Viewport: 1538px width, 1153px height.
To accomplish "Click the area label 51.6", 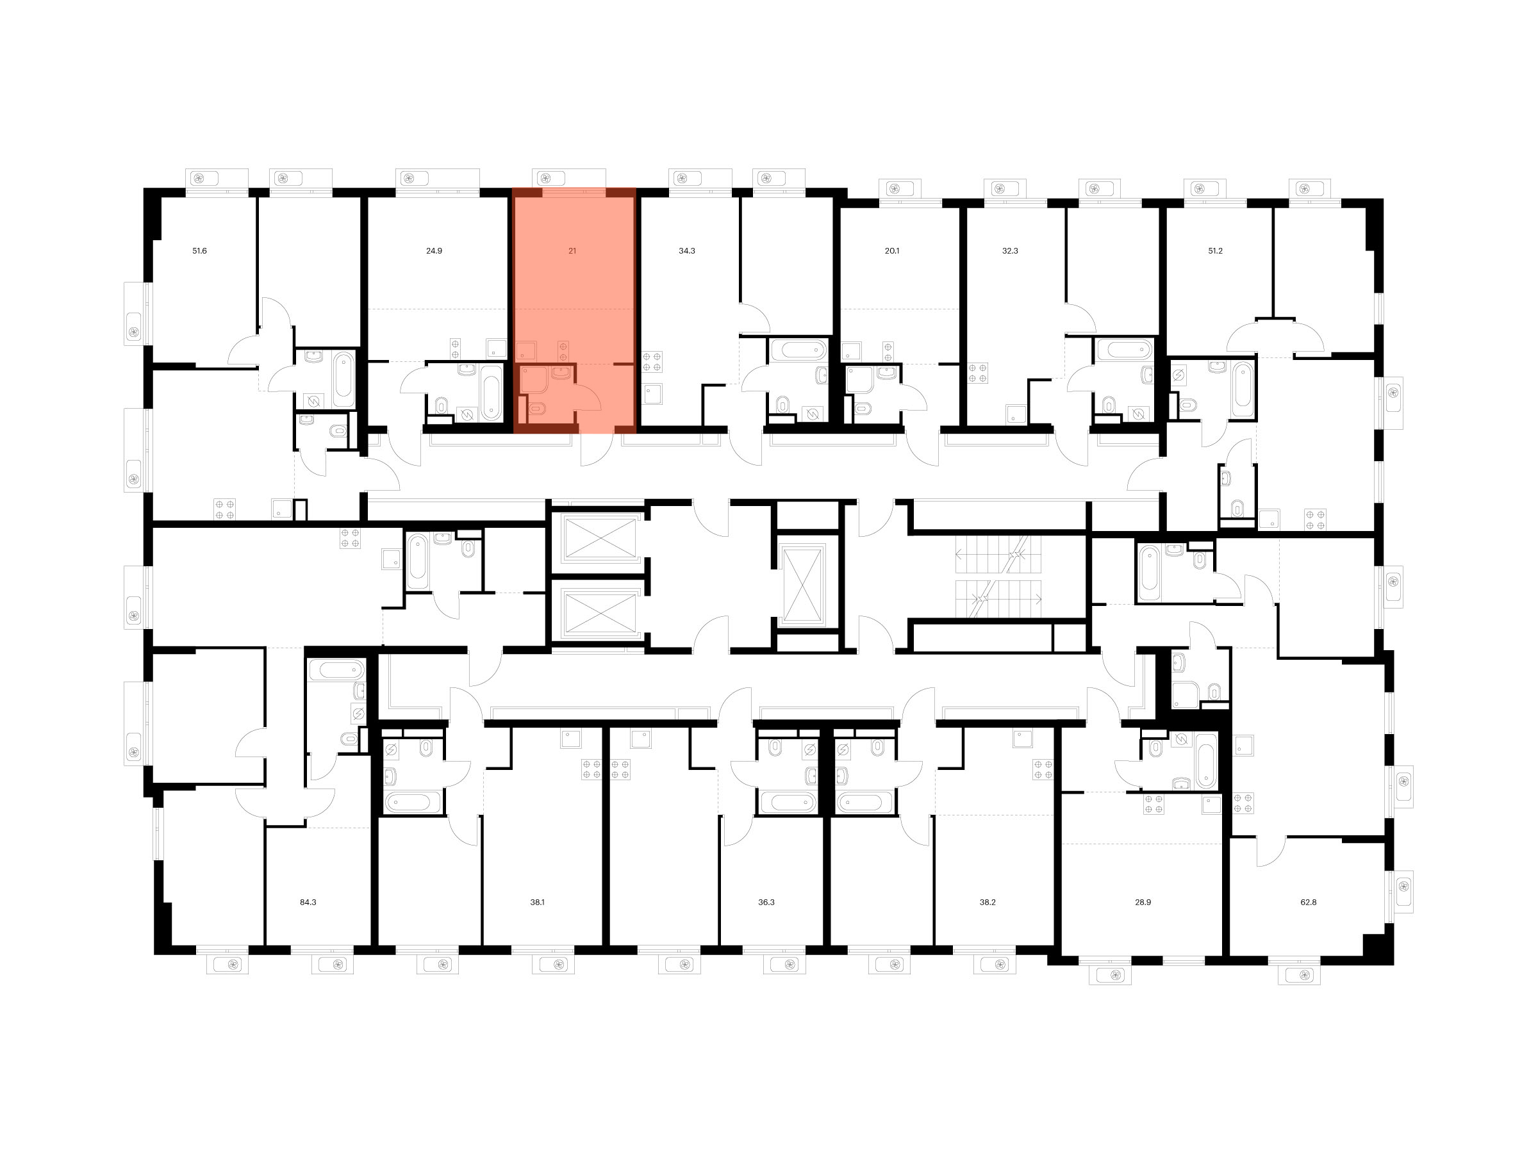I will point(199,251).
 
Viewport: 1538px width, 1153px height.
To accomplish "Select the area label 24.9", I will point(434,251).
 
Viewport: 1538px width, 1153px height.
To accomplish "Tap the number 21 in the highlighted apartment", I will point(572,251).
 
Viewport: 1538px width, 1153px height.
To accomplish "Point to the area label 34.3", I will point(687,251).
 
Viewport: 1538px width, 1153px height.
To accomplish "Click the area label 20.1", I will point(892,251).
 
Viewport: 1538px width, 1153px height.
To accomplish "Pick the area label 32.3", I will point(1010,251).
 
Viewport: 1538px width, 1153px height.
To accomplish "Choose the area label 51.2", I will point(1216,251).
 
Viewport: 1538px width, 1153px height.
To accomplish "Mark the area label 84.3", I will point(308,903).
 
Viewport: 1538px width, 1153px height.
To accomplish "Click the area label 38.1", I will point(538,903).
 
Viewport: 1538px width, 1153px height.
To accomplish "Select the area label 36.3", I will point(766,903).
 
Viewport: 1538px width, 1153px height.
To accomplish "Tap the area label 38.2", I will point(988,903).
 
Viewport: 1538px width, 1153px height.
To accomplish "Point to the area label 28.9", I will point(1143,903).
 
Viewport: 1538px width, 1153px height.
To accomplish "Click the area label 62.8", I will point(1309,903).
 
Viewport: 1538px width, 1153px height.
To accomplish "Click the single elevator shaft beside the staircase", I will point(803,586).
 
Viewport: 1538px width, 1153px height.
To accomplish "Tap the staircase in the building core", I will point(998,577).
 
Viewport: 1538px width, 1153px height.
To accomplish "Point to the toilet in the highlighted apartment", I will point(538,410).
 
